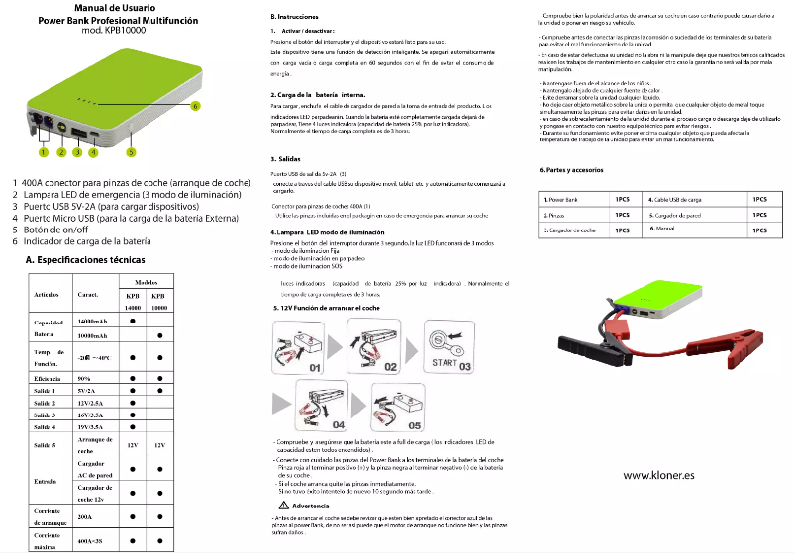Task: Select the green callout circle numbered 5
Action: point(130,152)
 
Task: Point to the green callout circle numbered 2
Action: point(61,153)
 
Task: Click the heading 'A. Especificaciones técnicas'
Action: point(91,259)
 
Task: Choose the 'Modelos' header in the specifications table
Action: point(147,282)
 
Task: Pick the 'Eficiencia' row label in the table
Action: point(49,378)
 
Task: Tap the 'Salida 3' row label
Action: point(46,415)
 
